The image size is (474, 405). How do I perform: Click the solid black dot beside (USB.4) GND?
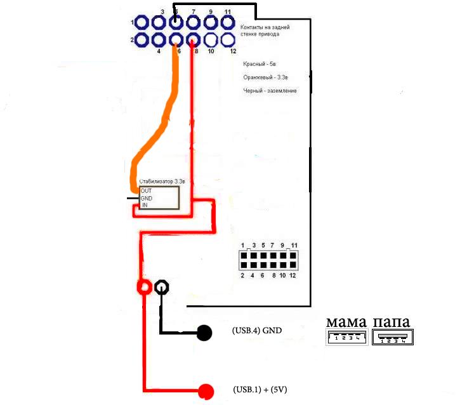204,332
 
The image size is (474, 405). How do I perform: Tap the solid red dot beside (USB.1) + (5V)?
206,391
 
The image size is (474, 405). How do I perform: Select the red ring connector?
144,288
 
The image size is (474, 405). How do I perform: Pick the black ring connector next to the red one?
162,288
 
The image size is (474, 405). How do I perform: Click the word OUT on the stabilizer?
146,190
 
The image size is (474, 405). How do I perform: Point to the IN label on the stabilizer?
144,205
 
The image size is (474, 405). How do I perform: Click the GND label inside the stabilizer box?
147,198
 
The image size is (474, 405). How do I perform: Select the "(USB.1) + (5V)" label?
261,389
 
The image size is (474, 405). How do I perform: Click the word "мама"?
346,321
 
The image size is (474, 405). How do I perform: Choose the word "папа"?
392,321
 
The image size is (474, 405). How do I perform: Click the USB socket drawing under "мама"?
346,338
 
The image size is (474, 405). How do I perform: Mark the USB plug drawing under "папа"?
392,338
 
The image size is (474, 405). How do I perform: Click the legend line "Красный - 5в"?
262,65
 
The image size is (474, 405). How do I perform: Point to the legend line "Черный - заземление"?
270,91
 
